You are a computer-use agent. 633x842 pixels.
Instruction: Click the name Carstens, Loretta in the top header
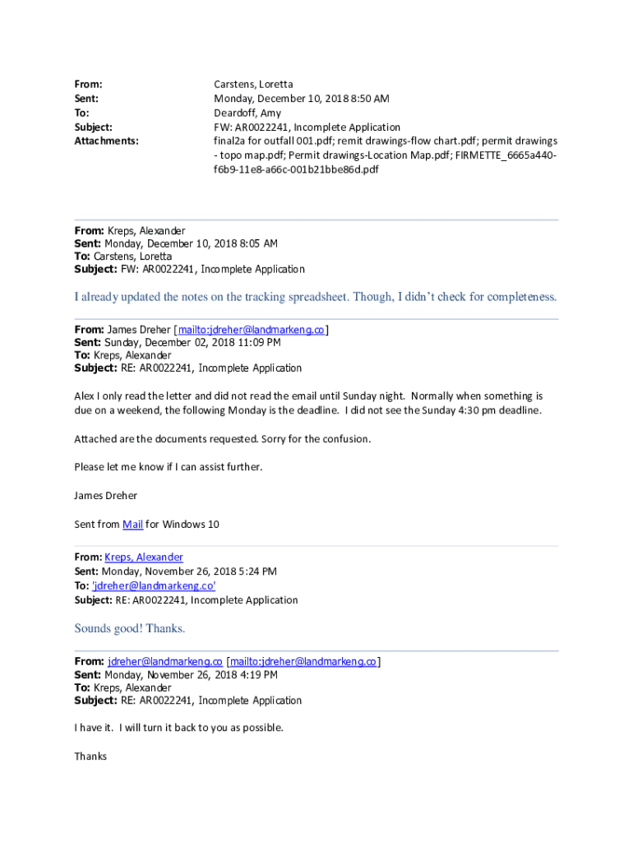tap(253, 85)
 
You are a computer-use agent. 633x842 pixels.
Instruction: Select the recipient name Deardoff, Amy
tap(247, 113)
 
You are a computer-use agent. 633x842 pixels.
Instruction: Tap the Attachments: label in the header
tap(106, 141)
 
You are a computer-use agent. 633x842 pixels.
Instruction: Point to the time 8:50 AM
tap(367, 99)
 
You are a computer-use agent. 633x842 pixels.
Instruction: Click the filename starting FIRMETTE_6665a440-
tap(509, 155)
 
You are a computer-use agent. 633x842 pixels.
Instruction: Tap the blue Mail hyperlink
tap(132, 525)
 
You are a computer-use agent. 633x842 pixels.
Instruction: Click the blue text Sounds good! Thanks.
tap(130, 629)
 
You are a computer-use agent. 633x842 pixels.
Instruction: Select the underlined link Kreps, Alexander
tap(144, 557)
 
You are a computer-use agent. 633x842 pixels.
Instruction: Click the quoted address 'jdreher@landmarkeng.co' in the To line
tap(154, 585)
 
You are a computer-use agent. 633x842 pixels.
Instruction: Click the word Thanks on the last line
tap(90, 756)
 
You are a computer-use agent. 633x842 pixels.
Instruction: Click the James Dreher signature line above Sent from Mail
tap(105, 496)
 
